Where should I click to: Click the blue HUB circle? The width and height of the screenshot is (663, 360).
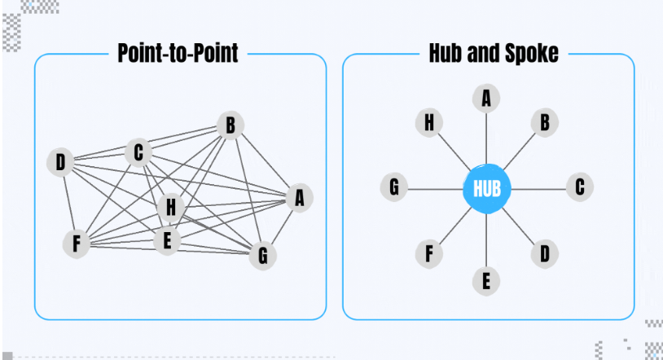tap(487, 189)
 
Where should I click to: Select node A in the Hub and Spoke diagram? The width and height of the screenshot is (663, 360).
tap(486, 99)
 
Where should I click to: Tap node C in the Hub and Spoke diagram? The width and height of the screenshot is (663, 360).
tap(579, 187)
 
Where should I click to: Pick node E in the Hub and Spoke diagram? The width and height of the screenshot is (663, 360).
tap(486, 281)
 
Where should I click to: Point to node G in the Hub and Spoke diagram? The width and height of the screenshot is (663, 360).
tap(394, 188)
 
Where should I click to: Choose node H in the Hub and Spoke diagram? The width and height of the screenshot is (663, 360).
tap(428, 123)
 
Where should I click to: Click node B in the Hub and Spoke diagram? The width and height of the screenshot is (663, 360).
tap(544, 122)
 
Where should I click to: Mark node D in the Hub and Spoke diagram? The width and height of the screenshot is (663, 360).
tap(544, 253)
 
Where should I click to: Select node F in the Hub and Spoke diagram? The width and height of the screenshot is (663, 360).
tap(428, 254)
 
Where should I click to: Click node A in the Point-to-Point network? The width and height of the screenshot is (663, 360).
tap(299, 197)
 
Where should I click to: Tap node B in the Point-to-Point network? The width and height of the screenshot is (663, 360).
tap(231, 125)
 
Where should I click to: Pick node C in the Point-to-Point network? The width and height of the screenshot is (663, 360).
tap(138, 151)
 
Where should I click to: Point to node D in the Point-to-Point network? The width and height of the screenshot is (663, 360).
tap(59, 163)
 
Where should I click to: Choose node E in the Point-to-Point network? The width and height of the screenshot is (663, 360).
tap(167, 240)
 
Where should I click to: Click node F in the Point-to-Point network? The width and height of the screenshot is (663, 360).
tap(76, 244)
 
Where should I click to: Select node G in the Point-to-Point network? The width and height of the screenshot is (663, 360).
tap(262, 255)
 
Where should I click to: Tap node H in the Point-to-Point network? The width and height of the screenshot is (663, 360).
tap(170, 207)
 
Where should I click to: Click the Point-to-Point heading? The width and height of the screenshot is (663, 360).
tap(178, 55)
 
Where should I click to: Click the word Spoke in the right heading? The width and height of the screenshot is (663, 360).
tap(529, 55)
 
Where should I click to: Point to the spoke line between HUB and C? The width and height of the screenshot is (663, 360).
tap(538, 189)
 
